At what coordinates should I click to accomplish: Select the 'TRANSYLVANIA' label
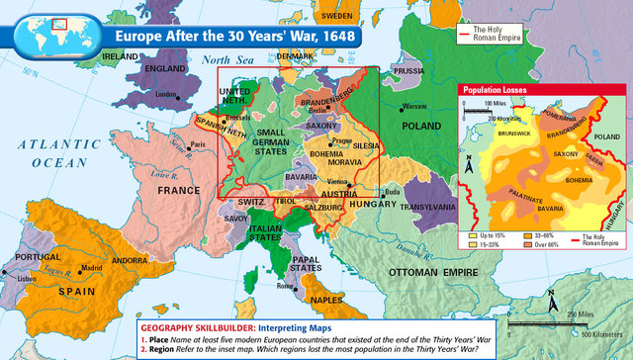(x=428, y=208)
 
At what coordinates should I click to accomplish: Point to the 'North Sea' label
(x=220, y=60)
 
